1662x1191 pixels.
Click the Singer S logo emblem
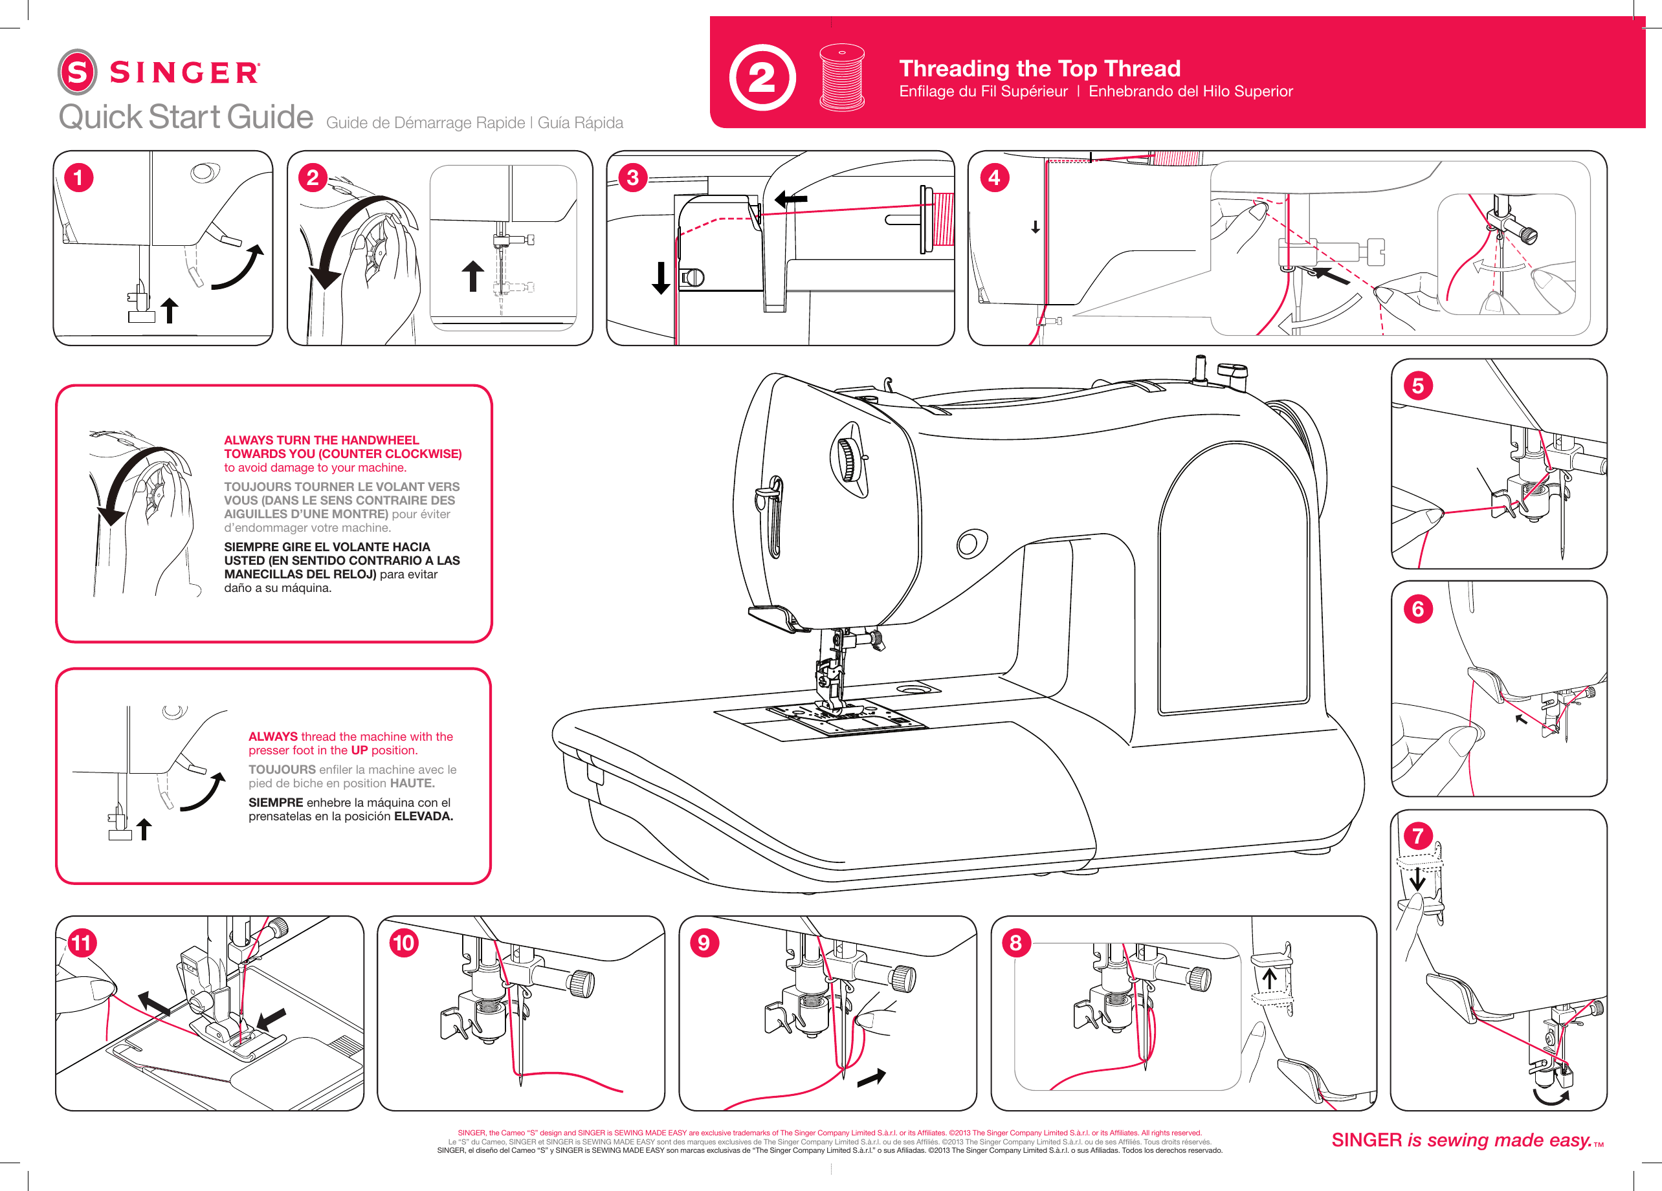tap(77, 72)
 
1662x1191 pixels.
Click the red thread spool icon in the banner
tap(841, 77)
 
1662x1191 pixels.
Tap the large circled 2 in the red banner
tap(762, 78)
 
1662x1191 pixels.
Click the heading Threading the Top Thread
tap(1039, 68)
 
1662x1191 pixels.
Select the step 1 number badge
tap(78, 177)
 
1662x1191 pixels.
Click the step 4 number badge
tap(993, 177)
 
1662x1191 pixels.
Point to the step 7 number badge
tap(1417, 835)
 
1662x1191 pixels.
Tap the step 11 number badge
tap(82, 943)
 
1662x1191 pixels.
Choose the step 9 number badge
tap(704, 943)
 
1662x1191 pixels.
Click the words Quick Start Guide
tap(186, 117)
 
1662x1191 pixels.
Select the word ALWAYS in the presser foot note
tap(272, 736)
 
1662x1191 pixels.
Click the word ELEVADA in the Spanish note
tap(423, 816)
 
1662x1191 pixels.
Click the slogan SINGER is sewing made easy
tap(1461, 1140)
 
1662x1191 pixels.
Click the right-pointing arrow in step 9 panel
tap(871, 1076)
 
